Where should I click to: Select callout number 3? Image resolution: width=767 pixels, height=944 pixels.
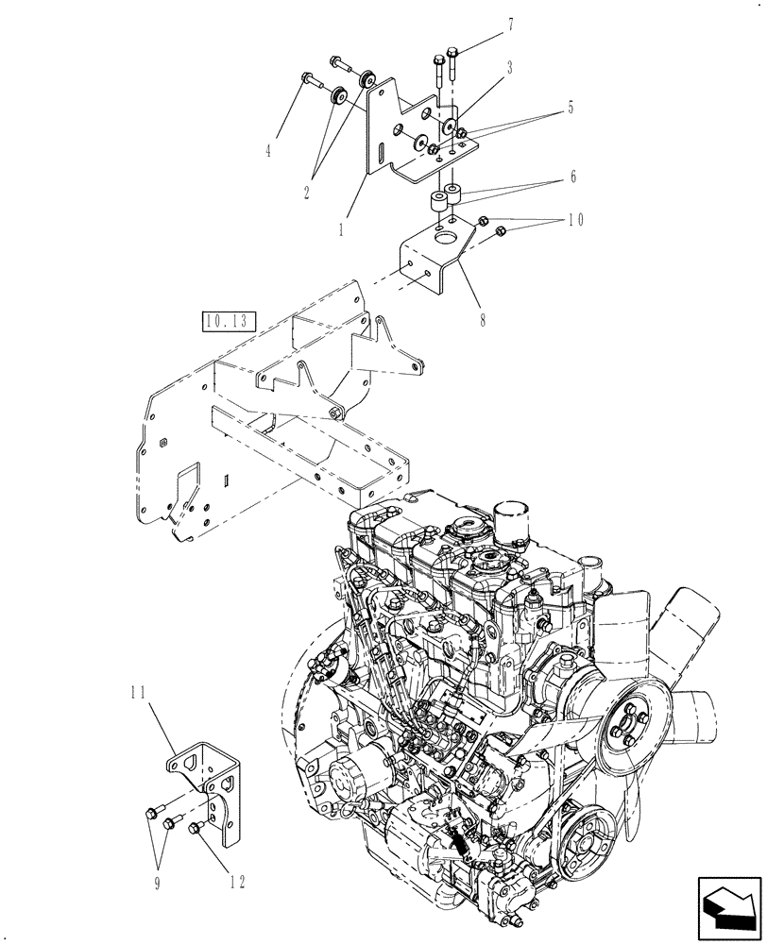[x=508, y=68]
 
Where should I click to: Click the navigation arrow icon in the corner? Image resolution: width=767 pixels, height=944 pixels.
[x=729, y=909]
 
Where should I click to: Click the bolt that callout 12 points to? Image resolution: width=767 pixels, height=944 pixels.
[x=196, y=828]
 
